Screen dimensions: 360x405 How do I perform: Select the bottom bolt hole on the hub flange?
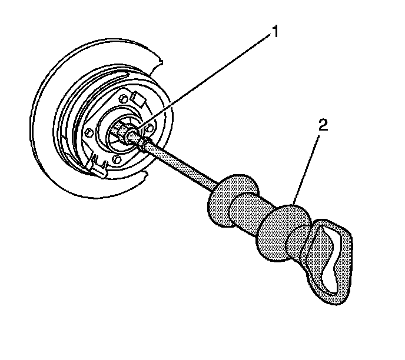click(x=116, y=159)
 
